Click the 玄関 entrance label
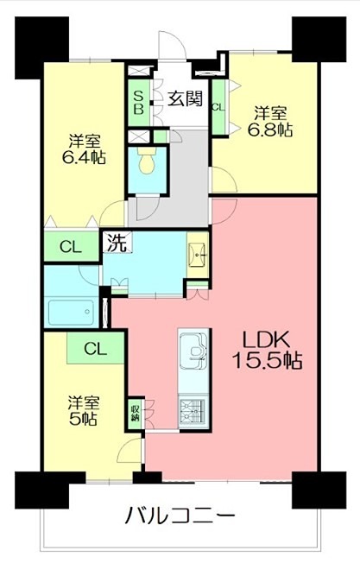point(185,98)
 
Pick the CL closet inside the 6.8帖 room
point(218,106)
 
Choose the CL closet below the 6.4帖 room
point(71,246)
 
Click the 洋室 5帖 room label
point(83,410)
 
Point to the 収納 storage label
point(136,411)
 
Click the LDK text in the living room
point(264,338)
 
